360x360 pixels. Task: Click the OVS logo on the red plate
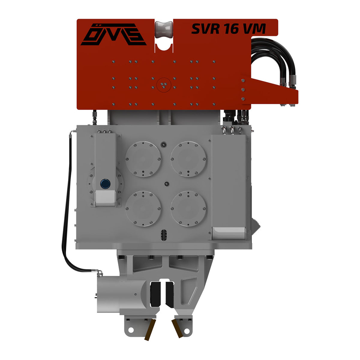(113, 34)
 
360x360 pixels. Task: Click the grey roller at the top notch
(164, 30)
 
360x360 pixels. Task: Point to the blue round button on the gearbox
(105, 184)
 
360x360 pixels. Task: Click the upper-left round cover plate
(143, 159)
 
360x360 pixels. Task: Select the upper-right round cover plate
(188, 159)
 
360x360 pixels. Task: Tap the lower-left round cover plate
(143, 209)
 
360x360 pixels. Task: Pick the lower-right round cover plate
(188, 209)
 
